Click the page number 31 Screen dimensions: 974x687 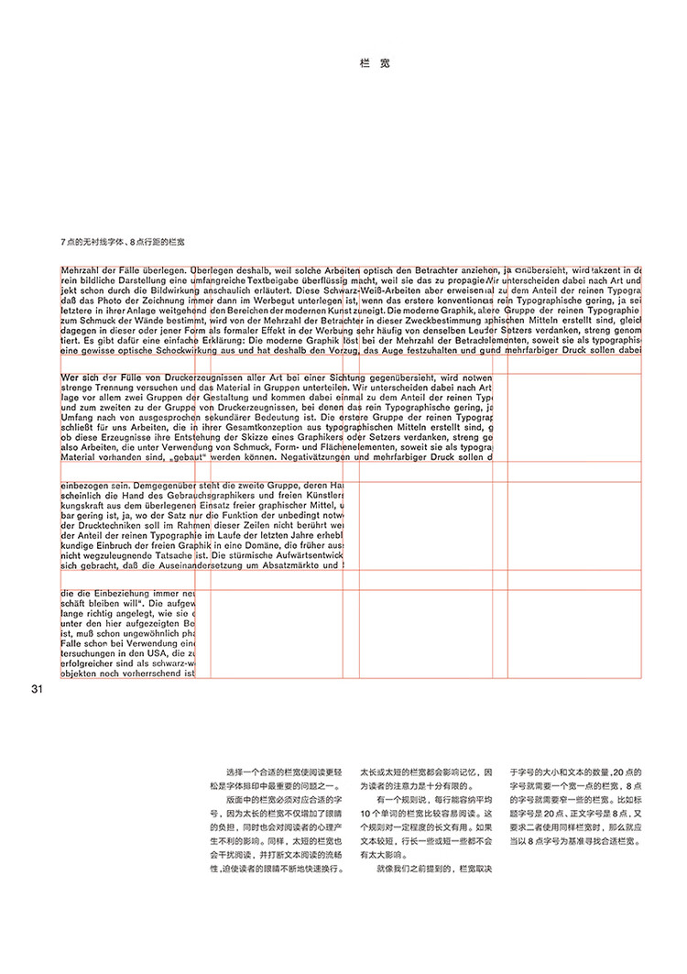pos(38,690)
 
